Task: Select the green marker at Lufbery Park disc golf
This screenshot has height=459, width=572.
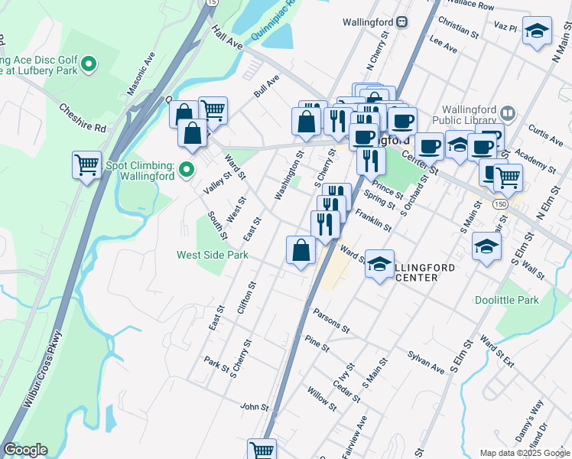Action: (89, 63)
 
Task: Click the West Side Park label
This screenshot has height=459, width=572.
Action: (212, 255)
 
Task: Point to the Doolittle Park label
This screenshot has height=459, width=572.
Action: (506, 301)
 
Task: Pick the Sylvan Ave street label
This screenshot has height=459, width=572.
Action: (426, 363)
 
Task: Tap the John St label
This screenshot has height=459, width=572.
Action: (255, 407)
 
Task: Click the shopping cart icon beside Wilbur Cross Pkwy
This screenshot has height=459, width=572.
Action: (87, 164)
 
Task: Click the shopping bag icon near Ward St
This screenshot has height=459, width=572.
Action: (301, 250)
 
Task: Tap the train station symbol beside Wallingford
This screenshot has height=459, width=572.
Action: (401, 22)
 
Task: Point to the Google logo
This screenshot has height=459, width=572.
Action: (25, 450)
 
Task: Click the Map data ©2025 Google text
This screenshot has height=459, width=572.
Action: (524, 453)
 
